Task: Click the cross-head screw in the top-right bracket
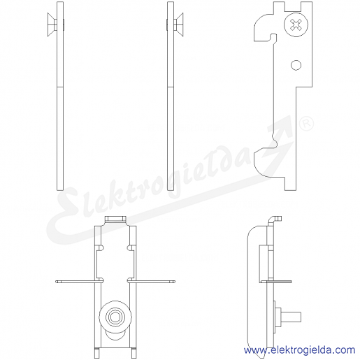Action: (296, 24)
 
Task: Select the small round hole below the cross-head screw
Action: (296, 65)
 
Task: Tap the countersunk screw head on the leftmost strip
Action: (52, 24)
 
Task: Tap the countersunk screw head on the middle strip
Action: (179, 24)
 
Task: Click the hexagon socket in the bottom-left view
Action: (115, 317)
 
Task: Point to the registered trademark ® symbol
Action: (306, 124)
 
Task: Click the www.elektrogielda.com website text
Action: (299, 350)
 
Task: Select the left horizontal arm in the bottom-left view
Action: (79, 282)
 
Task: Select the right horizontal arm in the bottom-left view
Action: (151, 282)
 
